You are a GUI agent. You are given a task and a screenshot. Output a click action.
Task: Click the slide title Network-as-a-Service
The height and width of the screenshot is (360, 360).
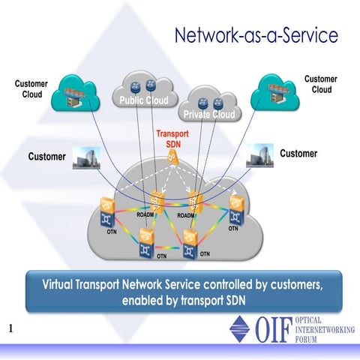[x=255, y=35]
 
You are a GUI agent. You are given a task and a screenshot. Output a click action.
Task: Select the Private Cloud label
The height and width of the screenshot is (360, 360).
[x=207, y=114]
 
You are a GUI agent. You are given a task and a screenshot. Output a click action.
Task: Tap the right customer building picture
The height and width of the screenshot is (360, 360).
[x=259, y=154]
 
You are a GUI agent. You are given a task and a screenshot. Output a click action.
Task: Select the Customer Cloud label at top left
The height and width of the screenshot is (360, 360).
[x=32, y=88]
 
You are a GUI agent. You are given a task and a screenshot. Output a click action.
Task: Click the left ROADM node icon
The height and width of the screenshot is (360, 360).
[x=158, y=201]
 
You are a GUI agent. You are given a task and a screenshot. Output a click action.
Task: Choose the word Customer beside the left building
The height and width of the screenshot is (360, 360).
[x=46, y=157]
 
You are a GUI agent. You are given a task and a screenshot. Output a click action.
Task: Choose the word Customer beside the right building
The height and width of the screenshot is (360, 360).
[x=298, y=154]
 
